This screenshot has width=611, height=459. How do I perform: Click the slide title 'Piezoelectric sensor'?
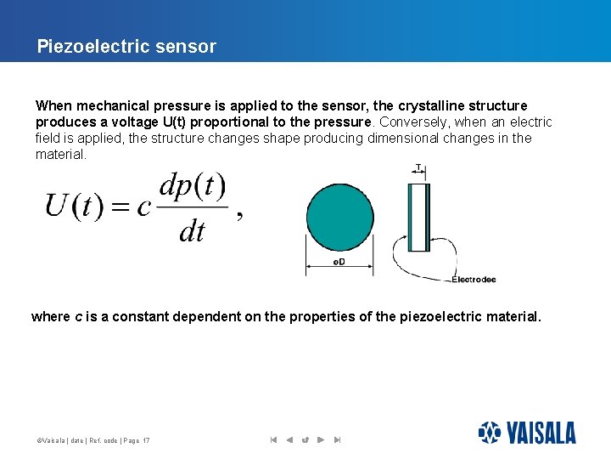click(x=126, y=47)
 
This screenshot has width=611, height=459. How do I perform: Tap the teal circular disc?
click(x=339, y=218)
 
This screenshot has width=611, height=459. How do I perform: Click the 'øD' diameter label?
click(x=339, y=262)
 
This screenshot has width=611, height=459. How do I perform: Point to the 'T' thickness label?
click(x=418, y=167)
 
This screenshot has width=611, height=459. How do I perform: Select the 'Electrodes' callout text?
click(x=474, y=280)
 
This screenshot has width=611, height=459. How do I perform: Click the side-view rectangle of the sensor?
click(x=419, y=218)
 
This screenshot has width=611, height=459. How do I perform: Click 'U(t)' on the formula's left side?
click(x=73, y=207)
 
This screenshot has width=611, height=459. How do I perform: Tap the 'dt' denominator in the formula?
click(x=192, y=230)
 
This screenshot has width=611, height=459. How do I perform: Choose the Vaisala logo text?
click(x=541, y=433)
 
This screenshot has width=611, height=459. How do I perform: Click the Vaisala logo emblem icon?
click(x=490, y=433)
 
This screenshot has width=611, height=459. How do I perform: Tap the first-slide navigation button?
click(x=273, y=439)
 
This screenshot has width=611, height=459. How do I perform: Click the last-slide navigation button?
click(x=337, y=439)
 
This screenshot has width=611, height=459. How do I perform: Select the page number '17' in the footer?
click(x=147, y=440)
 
